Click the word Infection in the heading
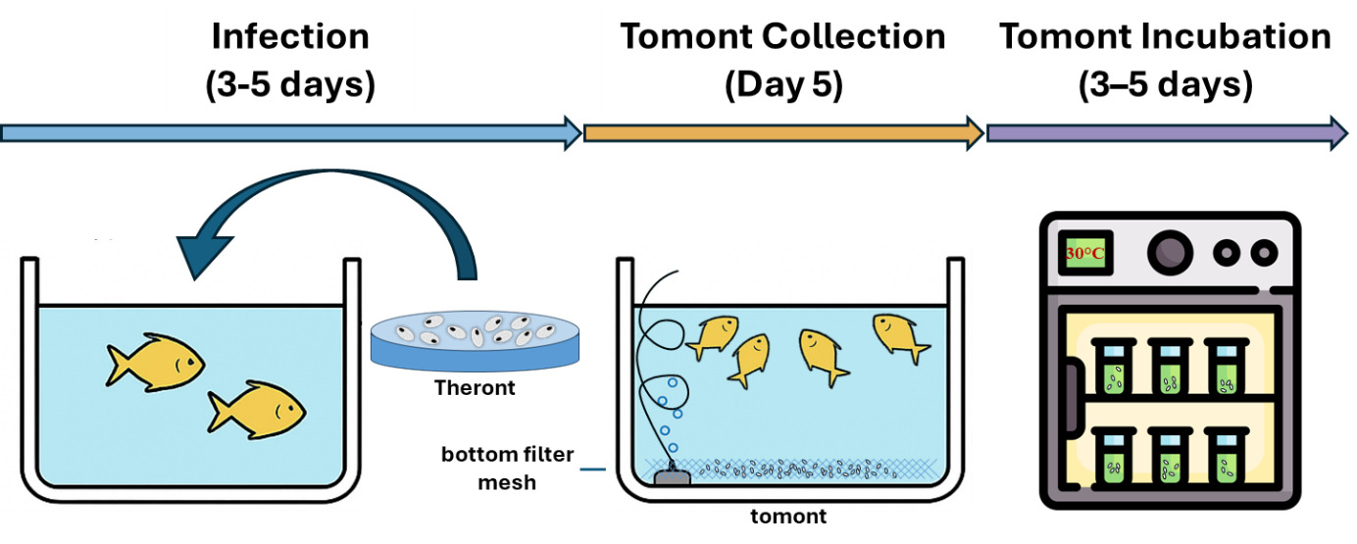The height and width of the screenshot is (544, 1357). click(x=290, y=37)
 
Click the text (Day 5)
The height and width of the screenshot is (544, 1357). click(x=782, y=85)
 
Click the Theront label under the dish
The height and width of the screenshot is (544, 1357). click(x=475, y=387)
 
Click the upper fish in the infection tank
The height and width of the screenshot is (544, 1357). click(x=155, y=361)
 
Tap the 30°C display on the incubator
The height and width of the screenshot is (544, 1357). click(x=1084, y=254)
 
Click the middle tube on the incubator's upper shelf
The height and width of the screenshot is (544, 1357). click(x=1167, y=367)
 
